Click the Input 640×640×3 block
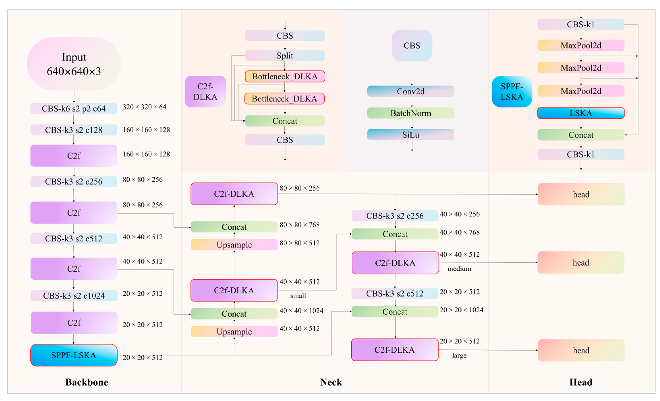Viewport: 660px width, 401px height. pyautogui.click(x=74, y=64)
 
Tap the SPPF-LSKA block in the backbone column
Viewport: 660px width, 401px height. pyautogui.click(x=74, y=355)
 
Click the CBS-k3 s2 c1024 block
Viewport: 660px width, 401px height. pyautogui.click(x=74, y=296)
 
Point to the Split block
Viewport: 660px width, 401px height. pyautogui.click(x=285, y=55)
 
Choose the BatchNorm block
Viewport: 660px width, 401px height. pyautogui.click(x=411, y=113)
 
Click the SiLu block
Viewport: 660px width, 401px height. pyautogui.click(x=411, y=135)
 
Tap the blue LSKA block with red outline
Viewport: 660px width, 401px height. pyautogui.click(x=581, y=113)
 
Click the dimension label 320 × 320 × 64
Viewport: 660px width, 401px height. pyautogui.click(x=144, y=107)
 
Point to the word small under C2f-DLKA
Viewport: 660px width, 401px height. pyautogui.click(x=298, y=296)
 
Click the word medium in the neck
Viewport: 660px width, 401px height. pyautogui.click(x=459, y=269)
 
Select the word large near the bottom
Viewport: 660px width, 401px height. pyautogui.click(x=459, y=355)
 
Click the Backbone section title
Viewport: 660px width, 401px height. pyautogui.click(x=87, y=382)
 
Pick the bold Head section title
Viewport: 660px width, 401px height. pyautogui.click(x=581, y=382)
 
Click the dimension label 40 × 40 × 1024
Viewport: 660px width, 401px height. pyautogui.click(x=301, y=311)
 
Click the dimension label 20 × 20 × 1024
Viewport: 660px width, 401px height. pyautogui.click(x=461, y=310)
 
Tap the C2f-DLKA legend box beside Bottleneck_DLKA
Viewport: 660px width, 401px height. pyautogui.click(x=205, y=92)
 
